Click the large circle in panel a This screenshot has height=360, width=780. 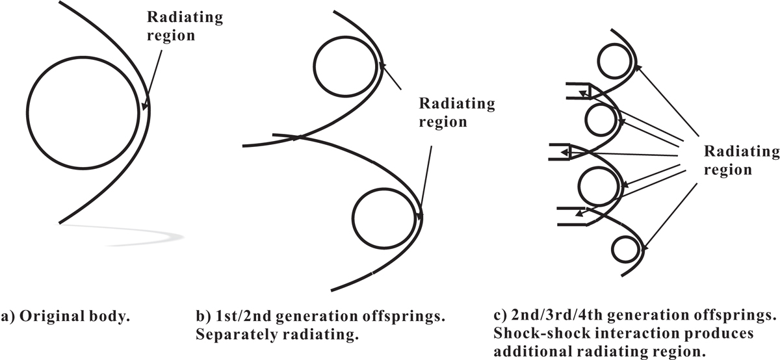[27, 113]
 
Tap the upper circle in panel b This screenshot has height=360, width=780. [314, 66]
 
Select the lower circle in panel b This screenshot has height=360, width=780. [352, 218]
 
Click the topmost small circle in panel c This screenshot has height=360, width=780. [598, 61]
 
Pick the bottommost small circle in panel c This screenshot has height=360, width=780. [612, 250]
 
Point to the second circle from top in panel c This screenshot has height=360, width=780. [586, 120]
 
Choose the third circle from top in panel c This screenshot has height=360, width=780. [578, 186]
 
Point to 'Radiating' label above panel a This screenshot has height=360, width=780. [185, 18]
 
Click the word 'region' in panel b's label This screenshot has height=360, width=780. [443, 122]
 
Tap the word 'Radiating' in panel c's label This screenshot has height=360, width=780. [742, 152]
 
